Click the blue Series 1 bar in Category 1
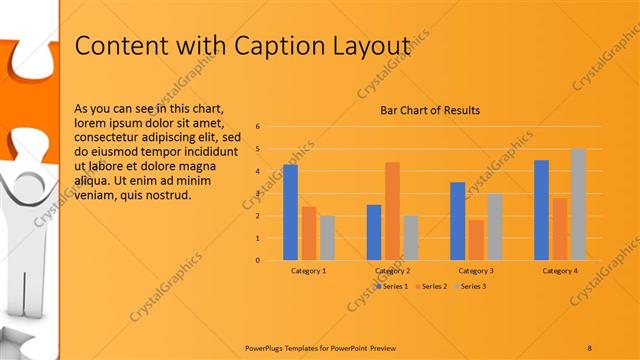[290, 212]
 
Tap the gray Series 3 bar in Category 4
[579, 204]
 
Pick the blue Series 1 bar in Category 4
[541, 210]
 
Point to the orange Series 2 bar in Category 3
[476, 240]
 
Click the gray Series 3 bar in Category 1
[328, 238]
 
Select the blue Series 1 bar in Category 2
[374, 232]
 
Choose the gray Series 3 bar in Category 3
[495, 227]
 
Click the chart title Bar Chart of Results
[430, 110]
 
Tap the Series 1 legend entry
[392, 287]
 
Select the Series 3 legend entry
[471, 287]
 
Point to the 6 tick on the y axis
[258, 126]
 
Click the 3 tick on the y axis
[258, 193]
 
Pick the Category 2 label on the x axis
[393, 271]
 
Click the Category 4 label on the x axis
[560, 271]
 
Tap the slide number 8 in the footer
[589, 347]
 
